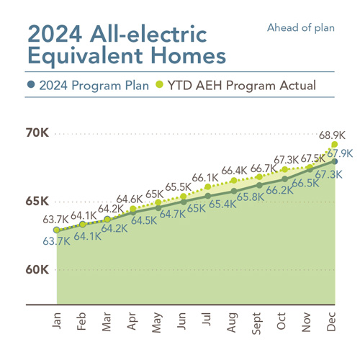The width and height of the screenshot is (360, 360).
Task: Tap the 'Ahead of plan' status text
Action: [301, 28]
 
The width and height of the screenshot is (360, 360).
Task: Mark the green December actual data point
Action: [335, 144]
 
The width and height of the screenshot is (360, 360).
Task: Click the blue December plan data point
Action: [335, 161]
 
